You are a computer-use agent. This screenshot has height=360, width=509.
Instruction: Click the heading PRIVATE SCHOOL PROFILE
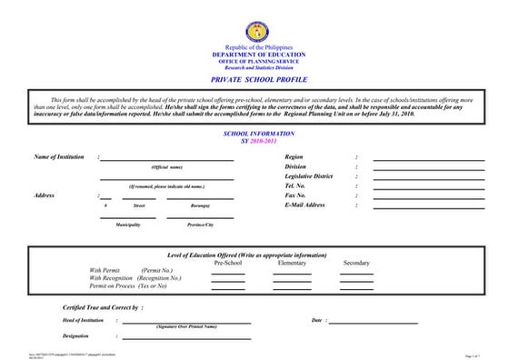(254, 79)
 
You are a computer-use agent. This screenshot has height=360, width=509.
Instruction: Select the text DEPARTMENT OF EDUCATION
(254, 55)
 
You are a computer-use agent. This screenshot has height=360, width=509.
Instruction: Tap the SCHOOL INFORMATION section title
(254, 133)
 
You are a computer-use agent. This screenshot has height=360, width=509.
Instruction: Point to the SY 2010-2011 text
(254, 139)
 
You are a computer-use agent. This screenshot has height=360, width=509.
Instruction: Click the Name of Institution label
(58, 157)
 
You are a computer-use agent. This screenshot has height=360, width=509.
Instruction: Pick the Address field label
(44, 195)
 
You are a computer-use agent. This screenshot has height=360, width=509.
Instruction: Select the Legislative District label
(309, 176)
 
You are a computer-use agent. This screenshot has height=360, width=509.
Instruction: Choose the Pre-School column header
(227, 263)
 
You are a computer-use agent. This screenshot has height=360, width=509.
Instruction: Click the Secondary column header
(356, 263)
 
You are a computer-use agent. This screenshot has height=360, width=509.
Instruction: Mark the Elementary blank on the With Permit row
(292, 272)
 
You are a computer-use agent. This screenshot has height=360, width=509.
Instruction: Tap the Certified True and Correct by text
(103, 308)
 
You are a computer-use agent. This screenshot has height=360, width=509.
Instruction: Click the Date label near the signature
(317, 320)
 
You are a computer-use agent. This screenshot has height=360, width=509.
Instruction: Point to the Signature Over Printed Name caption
(186, 325)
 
